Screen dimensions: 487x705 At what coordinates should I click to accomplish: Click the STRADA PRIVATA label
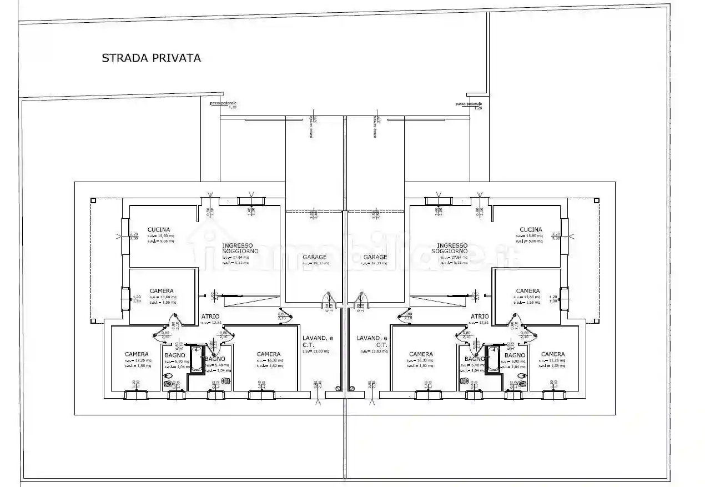(151, 58)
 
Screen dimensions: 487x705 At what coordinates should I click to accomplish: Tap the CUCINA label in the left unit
(159, 229)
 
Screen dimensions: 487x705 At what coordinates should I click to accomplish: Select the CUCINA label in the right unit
(531, 229)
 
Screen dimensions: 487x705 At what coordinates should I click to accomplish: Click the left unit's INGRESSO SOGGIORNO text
(237, 248)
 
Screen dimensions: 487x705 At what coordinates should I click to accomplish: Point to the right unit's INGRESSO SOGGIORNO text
(452, 248)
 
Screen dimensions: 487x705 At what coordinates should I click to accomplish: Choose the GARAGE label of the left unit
(314, 257)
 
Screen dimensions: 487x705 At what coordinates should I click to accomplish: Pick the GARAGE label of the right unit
(375, 257)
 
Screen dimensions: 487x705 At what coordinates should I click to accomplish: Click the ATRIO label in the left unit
(210, 317)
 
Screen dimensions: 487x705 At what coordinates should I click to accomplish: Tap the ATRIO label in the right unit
(479, 317)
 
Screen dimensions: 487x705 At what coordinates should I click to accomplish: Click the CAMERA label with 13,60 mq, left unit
(162, 291)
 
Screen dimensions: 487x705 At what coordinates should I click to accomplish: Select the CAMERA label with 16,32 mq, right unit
(421, 354)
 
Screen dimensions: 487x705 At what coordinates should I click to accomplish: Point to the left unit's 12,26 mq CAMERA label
(137, 354)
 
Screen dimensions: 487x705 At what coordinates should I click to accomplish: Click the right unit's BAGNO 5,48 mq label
(475, 359)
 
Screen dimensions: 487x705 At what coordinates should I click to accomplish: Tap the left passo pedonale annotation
(223, 104)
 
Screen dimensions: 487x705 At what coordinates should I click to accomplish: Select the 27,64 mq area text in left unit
(236, 258)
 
